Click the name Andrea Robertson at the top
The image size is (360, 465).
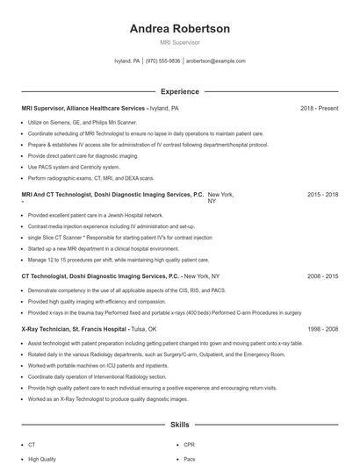point(180,29)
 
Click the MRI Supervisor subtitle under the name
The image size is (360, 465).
point(180,42)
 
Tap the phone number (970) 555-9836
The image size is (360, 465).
point(162,61)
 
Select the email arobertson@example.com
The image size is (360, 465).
point(216,61)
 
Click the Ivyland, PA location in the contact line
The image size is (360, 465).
point(127,61)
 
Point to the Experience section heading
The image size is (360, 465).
point(180,91)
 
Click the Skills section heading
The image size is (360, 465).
point(180,425)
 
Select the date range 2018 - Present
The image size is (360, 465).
point(319,109)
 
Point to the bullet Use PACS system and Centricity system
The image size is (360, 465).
point(75,167)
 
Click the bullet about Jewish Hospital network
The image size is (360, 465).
point(96,215)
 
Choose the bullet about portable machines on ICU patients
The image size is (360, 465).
point(98,365)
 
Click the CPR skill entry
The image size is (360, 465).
point(190,445)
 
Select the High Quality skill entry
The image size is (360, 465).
point(42,459)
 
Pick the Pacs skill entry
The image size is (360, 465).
point(190,459)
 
